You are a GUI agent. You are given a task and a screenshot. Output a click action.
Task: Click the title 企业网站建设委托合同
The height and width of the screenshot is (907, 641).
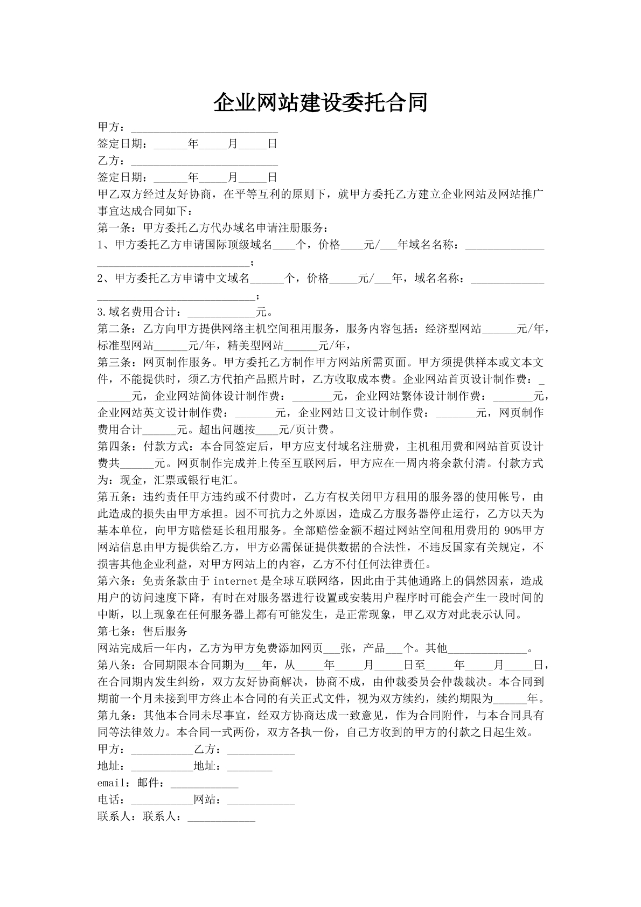click(320, 102)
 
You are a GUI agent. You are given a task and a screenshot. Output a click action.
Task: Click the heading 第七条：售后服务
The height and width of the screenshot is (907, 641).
click(142, 631)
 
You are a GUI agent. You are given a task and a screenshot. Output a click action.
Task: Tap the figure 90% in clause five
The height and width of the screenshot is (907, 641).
click(495, 530)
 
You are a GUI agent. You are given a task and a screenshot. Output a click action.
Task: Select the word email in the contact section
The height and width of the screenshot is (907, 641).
click(112, 783)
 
